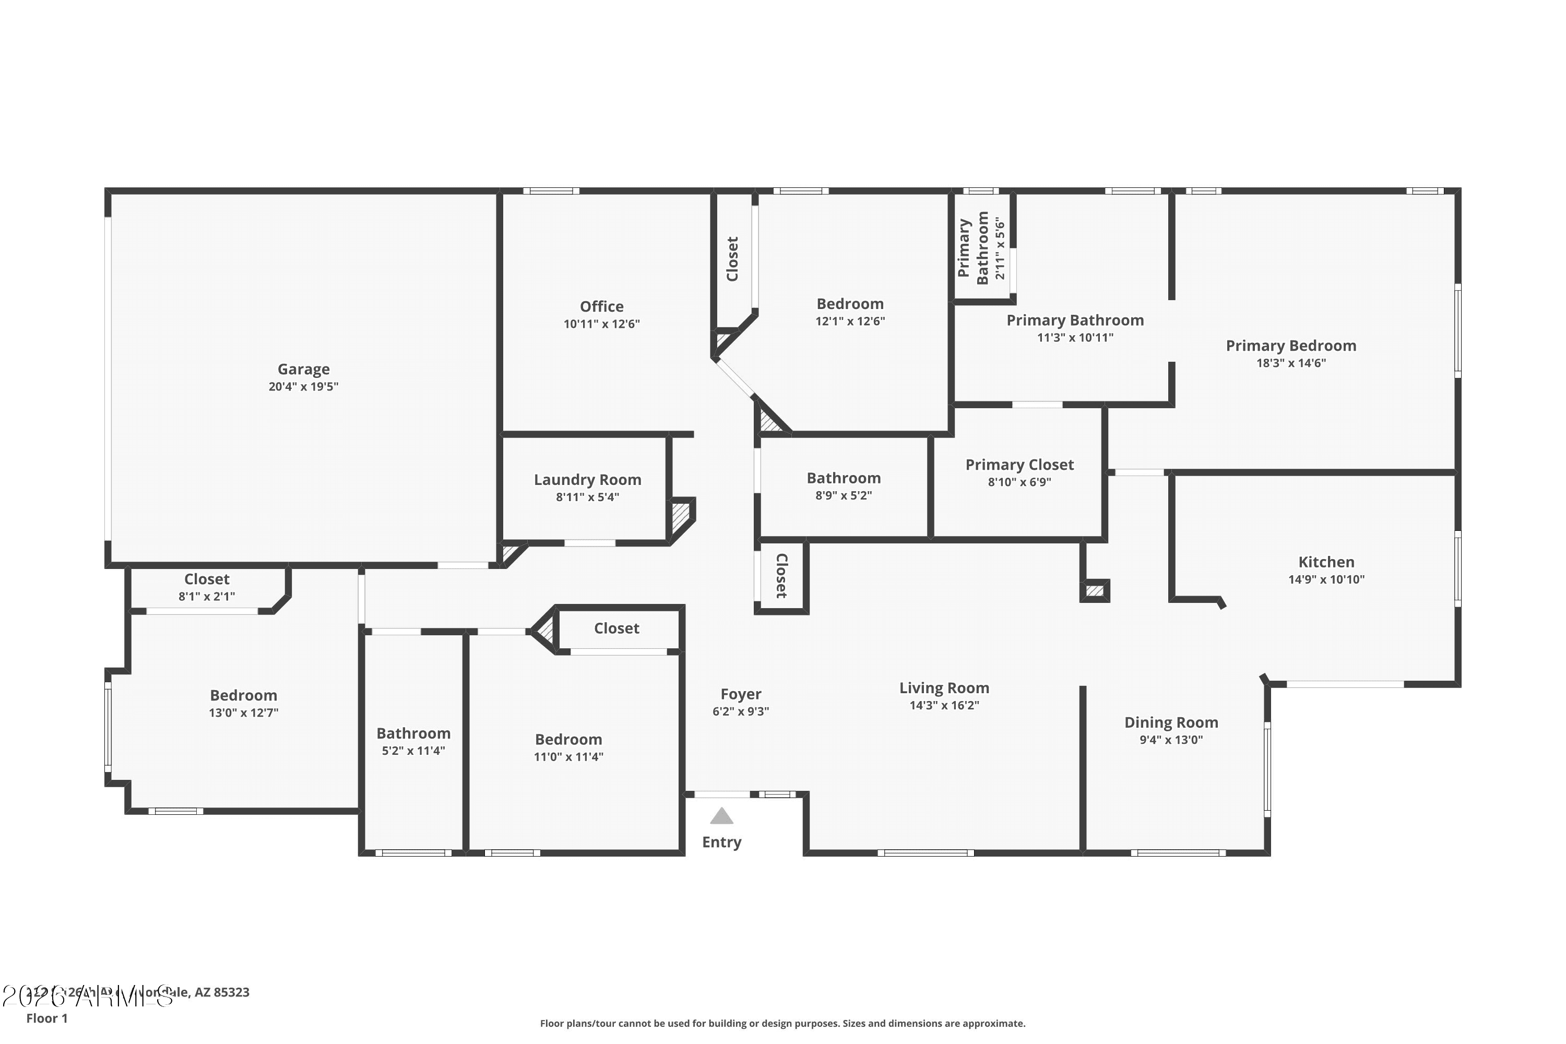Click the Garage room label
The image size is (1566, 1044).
tap(304, 370)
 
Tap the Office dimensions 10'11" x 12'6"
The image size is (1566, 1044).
tap(601, 324)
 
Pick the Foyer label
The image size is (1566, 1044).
tap(740, 694)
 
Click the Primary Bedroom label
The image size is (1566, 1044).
tap(1290, 346)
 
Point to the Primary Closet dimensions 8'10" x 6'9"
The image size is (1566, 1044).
tap(1019, 482)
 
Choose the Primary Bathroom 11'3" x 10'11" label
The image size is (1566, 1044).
tap(1075, 321)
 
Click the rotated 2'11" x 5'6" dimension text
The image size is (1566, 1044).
tap(1000, 247)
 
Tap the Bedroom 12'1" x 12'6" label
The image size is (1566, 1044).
tap(850, 304)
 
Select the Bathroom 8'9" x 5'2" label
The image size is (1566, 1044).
tap(843, 478)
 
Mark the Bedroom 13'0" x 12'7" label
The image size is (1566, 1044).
tap(243, 696)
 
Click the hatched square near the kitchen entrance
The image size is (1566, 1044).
tap(1095, 590)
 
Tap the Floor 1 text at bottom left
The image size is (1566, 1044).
tap(46, 1018)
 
